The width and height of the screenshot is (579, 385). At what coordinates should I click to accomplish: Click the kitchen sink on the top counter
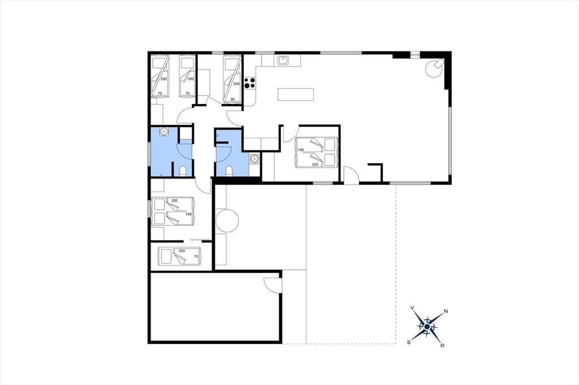click(x=283, y=60)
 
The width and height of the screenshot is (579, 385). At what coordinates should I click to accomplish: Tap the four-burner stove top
click(x=250, y=82)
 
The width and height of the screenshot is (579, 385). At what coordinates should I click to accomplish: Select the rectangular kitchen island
click(x=296, y=94)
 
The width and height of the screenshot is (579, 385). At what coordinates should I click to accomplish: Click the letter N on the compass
click(x=446, y=311)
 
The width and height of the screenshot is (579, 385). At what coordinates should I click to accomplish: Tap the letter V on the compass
click(x=412, y=308)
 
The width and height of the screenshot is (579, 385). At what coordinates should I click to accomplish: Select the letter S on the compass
click(x=409, y=342)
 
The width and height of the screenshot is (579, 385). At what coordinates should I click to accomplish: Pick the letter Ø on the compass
click(x=442, y=345)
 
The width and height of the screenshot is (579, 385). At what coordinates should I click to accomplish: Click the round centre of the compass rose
click(x=427, y=327)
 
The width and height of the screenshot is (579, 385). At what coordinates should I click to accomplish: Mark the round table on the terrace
click(x=227, y=221)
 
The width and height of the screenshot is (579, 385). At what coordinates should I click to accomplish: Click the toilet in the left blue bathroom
click(x=183, y=171)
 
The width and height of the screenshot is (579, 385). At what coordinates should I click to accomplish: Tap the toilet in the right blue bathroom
click(x=229, y=171)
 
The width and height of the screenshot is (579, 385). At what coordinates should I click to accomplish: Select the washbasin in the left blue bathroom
click(x=164, y=132)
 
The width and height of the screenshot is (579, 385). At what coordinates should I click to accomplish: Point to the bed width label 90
click(x=232, y=99)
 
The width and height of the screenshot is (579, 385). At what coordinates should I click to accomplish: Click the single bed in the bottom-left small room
click(x=179, y=256)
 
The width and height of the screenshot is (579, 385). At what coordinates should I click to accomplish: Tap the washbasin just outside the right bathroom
click(x=254, y=159)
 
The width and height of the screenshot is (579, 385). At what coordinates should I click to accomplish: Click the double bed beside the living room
click(x=317, y=152)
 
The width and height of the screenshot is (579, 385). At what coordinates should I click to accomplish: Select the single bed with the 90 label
click(x=232, y=79)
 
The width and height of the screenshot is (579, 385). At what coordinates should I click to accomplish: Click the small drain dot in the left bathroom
click(x=161, y=174)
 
